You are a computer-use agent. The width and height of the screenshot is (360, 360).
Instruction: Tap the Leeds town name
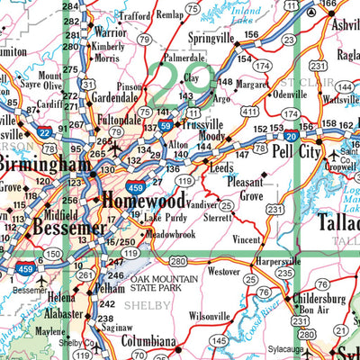click(221, 167)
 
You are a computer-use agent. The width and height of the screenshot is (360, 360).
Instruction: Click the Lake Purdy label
click(166, 218)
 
